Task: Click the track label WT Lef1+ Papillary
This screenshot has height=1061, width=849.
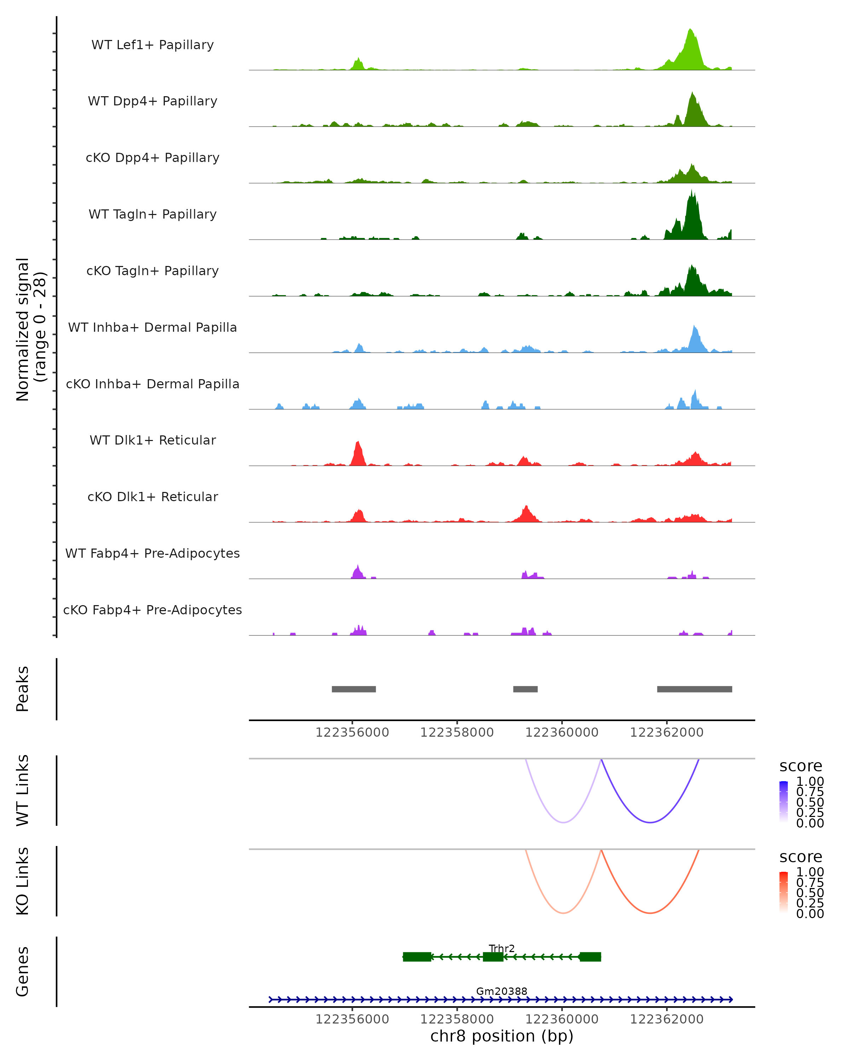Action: pos(152,45)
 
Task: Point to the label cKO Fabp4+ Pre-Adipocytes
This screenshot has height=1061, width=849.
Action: pos(152,610)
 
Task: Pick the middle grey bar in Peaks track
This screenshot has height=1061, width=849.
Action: pos(525,689)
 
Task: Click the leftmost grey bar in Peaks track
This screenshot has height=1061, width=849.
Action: pos(353,689)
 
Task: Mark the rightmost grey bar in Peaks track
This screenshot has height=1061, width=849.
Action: pos(694,689)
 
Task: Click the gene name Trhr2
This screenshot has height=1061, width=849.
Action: pos(502,948)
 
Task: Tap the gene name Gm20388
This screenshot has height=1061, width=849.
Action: pos(502,991)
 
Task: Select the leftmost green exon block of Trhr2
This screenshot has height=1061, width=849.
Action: pos(417,957)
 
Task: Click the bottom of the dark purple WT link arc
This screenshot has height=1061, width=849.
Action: pos(650,822)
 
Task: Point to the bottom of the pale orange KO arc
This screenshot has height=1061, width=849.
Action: pos(564,913)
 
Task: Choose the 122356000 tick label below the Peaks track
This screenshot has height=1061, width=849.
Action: pos(352,732)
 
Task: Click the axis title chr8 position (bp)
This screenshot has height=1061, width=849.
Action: pos(502,1036)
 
